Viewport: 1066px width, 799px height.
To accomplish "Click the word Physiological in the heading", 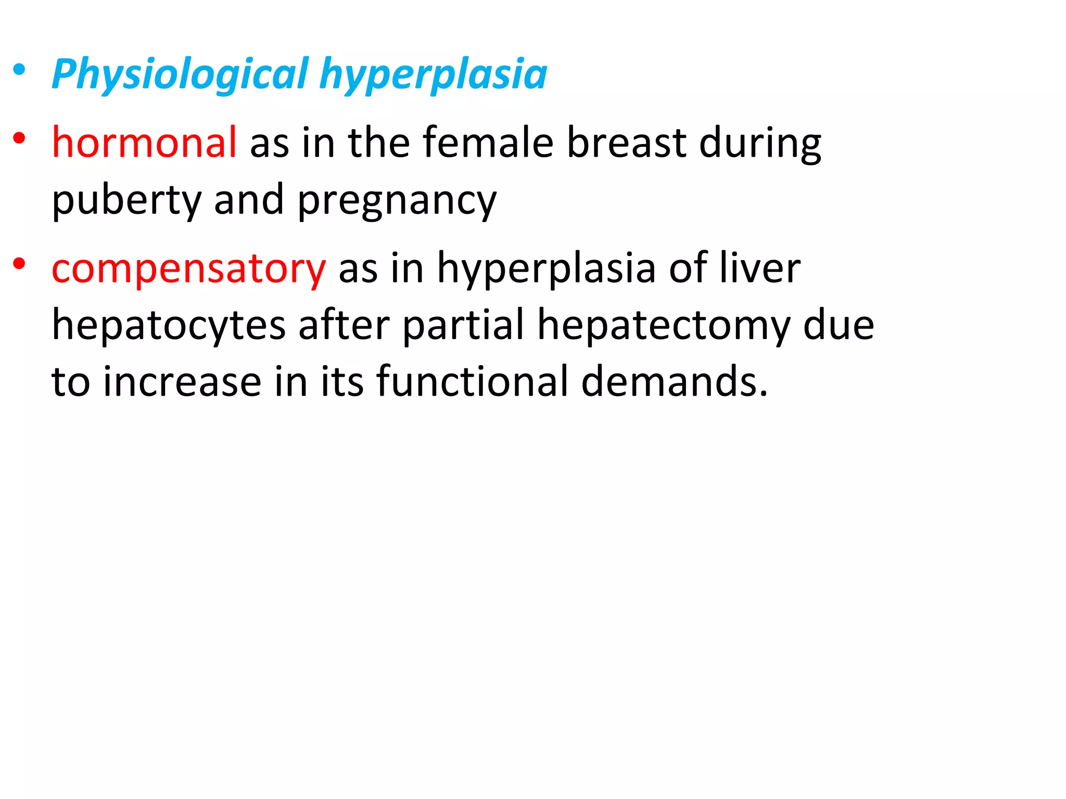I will coord(180,74).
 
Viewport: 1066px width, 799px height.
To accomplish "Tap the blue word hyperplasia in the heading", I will coord(433,74).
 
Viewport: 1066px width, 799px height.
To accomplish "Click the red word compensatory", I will coord(188,268).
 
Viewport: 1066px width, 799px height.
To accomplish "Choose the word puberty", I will coord(126,200).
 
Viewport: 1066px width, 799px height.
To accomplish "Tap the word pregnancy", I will coord(397,200).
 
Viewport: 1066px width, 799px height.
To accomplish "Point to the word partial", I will coord(463,326).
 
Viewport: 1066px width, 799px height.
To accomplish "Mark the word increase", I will coord(182,381).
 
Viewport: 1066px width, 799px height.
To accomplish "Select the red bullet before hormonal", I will coord(19,138).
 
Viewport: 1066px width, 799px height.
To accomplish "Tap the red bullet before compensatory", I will coord(19,264).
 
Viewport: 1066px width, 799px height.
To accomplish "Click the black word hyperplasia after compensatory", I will coord(546,268).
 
